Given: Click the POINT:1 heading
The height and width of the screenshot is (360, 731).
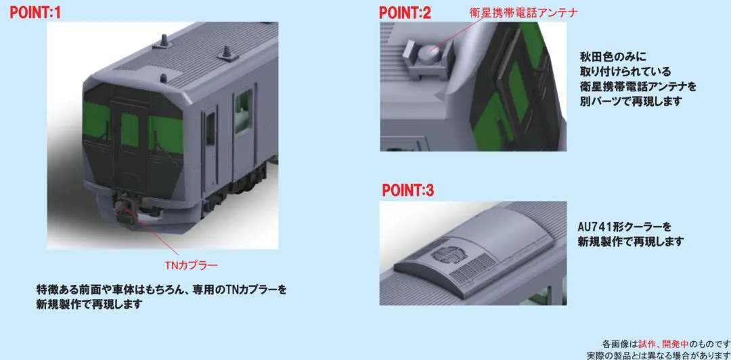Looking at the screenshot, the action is (35, 12).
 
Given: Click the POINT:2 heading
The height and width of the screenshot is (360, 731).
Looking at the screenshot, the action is (405, 12).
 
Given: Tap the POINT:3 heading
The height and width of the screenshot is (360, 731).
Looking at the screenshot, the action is (408, 190).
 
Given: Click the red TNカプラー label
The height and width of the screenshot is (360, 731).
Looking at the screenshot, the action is (191, 265).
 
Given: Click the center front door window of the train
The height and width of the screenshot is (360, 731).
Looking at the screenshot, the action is (129, 130).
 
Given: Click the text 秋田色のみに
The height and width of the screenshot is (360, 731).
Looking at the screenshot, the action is (606, 57).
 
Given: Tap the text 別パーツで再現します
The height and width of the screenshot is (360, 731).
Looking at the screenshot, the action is (623, 101).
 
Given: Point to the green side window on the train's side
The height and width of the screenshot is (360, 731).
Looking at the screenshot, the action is (244, 112).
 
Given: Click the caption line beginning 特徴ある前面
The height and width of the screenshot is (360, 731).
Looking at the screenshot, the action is (161, 290).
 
